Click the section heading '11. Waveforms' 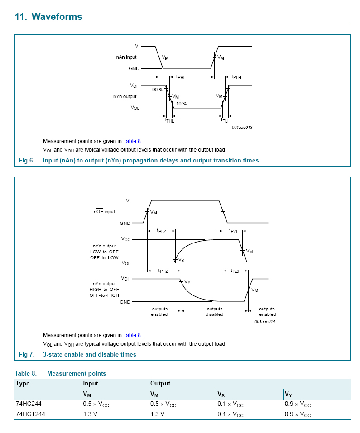point(48,17)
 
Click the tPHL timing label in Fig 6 point(181,77)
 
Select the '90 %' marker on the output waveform point(157,90)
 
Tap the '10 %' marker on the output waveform point(181,104)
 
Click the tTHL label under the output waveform point(169,121)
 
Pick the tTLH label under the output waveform point(226,121)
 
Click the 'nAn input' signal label point(126,57)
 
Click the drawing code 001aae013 point(242,128)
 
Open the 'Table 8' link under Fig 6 point(132,141)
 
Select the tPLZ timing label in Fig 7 point(162,231)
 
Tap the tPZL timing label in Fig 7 point(234,231)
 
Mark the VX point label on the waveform point(181,260)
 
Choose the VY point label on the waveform point(187,282)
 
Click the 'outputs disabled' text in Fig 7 point(214,312)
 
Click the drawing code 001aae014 point(264,322)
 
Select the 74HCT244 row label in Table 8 point(30,414)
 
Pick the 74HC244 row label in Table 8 point(29,404)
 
